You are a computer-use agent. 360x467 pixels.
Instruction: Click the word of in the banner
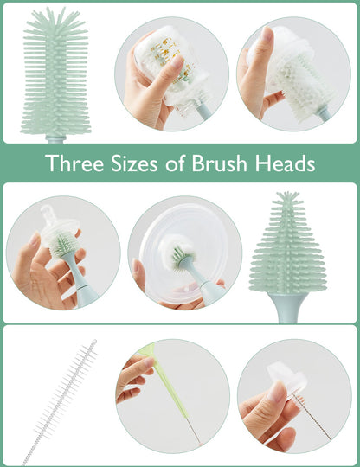[x=177, y=163]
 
